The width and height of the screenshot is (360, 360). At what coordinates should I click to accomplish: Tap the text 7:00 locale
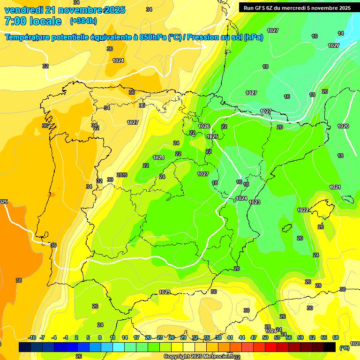[33, 21]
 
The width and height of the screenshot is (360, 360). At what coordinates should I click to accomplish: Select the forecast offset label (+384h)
[83, 21]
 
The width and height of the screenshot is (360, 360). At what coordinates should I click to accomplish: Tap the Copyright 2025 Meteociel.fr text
[199, 357]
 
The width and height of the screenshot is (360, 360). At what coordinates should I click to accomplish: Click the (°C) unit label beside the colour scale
[344, 348]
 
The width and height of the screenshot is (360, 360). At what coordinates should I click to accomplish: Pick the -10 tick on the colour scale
[32, 337]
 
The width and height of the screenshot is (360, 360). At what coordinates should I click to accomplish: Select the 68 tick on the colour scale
[336, 337]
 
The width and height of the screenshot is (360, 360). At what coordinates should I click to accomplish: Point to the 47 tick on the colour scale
[254, 337]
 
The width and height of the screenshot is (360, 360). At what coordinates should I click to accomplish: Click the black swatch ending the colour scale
[330, 347]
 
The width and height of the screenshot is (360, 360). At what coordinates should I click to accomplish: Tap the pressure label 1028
[158, 157]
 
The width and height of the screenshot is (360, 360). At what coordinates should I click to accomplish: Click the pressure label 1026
[204, 126]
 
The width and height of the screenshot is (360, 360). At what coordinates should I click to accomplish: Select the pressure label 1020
[343, 126]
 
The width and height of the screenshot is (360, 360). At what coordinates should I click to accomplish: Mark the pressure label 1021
[335, 187]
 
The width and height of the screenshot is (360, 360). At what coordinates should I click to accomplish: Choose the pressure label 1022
[303, 210]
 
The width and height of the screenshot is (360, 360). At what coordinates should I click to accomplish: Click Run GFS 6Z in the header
[259, 7]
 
